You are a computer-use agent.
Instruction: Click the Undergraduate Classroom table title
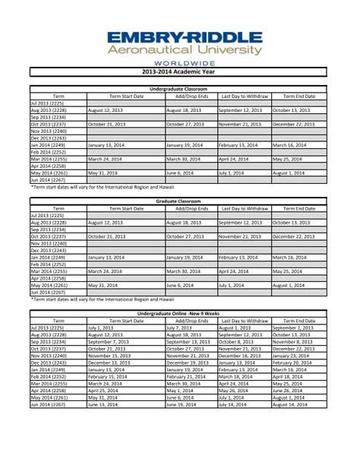179,90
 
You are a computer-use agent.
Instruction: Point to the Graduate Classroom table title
179,201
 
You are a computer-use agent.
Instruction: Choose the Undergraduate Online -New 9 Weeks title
179,313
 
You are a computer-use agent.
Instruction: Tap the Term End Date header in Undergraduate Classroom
298,96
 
